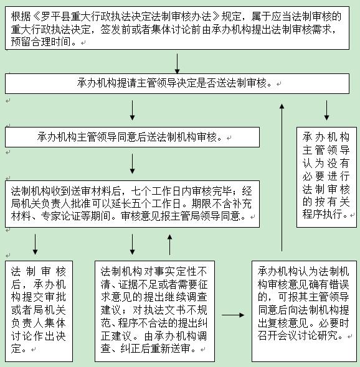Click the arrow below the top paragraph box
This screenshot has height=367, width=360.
(178, 63)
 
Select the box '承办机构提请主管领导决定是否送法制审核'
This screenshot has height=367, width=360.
(177, 83)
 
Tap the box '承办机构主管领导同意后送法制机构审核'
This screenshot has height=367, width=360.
(132, 137)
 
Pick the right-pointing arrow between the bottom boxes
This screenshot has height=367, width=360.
(233, 315)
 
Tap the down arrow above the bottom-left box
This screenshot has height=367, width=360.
(35, 243)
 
